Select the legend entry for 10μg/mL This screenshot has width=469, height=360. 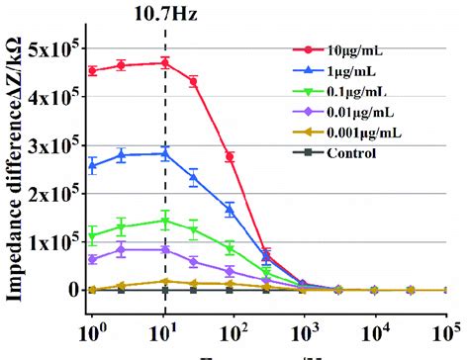click(363, 48)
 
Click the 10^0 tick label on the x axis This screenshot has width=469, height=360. click(93, 324)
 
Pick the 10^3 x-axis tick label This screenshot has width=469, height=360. click(304, 324)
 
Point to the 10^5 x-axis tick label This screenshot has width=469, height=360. click(446, 324)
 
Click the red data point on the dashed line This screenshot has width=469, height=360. click(165, 63)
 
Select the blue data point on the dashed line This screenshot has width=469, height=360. click(165, 153)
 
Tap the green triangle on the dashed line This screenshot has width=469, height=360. click(165, 221)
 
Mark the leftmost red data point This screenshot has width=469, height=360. click(92, 71)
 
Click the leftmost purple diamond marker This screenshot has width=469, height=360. click(92, 259)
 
